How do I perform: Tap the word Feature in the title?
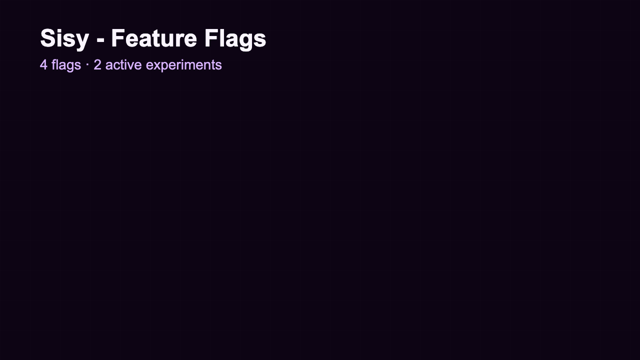159,39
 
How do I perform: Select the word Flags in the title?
236,39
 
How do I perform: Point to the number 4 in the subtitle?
43,65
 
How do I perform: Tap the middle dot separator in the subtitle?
87,65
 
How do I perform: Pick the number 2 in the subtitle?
97,65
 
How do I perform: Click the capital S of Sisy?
49,39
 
